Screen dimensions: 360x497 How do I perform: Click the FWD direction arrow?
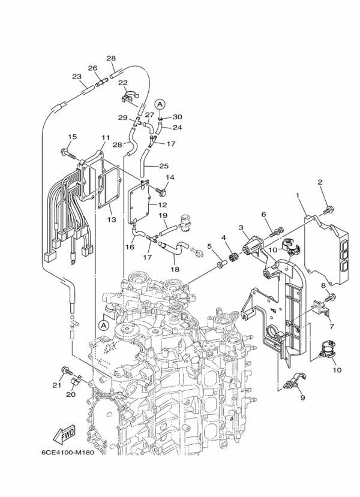coord(64,433)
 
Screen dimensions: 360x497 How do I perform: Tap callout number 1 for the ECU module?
coord(298,195)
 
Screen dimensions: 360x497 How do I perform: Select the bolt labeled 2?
coord(327,210)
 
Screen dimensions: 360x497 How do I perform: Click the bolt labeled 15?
coord(67,153)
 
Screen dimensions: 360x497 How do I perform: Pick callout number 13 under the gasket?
coord(112,219)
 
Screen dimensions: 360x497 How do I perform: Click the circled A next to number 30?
coord(160,104)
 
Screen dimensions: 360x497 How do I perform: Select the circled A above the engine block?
coord(103,325)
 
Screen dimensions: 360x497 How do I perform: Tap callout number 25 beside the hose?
coord(164,166)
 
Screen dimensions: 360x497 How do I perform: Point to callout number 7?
coord(331,326)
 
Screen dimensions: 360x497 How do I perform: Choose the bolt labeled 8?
coord(331,297)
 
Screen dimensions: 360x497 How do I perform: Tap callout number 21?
coord(56,385)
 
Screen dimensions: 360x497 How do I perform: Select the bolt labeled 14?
coord(161,191)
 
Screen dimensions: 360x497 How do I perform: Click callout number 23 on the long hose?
coord(77,76)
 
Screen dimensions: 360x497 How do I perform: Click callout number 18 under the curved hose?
coord(175,269)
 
